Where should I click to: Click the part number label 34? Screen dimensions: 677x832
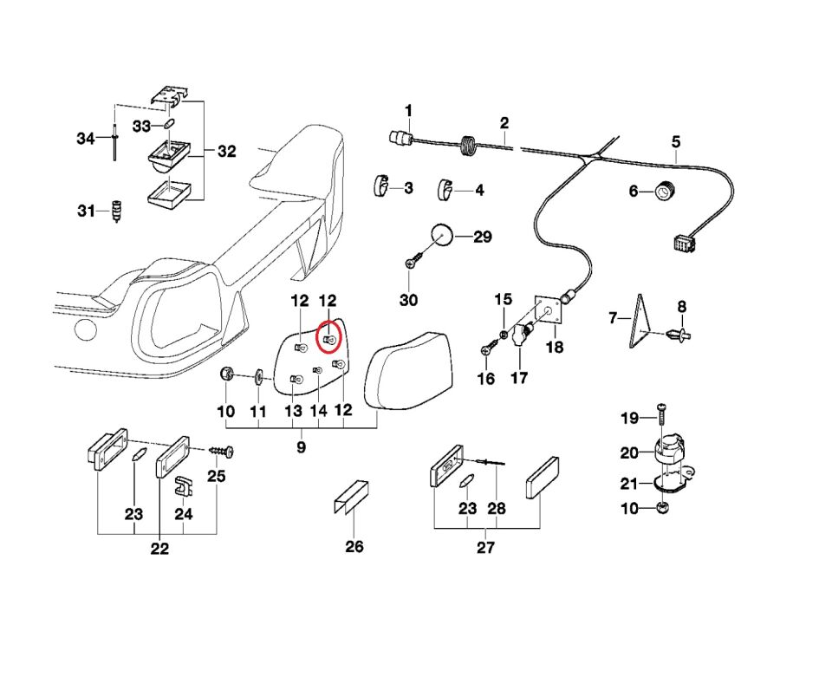tap(85, 139)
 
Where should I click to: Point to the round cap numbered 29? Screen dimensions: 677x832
tap(442, 235)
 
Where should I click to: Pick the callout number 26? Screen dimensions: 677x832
tap(354, 546)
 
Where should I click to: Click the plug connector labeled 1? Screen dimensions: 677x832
tap(399, 136)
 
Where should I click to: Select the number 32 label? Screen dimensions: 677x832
tap(226, 152)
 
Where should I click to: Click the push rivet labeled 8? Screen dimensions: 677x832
tap(680, 334)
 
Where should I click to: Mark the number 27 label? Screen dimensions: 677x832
tap(485, 547)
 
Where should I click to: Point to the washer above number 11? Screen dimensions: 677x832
tap(258, 378)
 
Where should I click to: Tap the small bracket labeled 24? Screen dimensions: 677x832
tap(182, 485)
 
